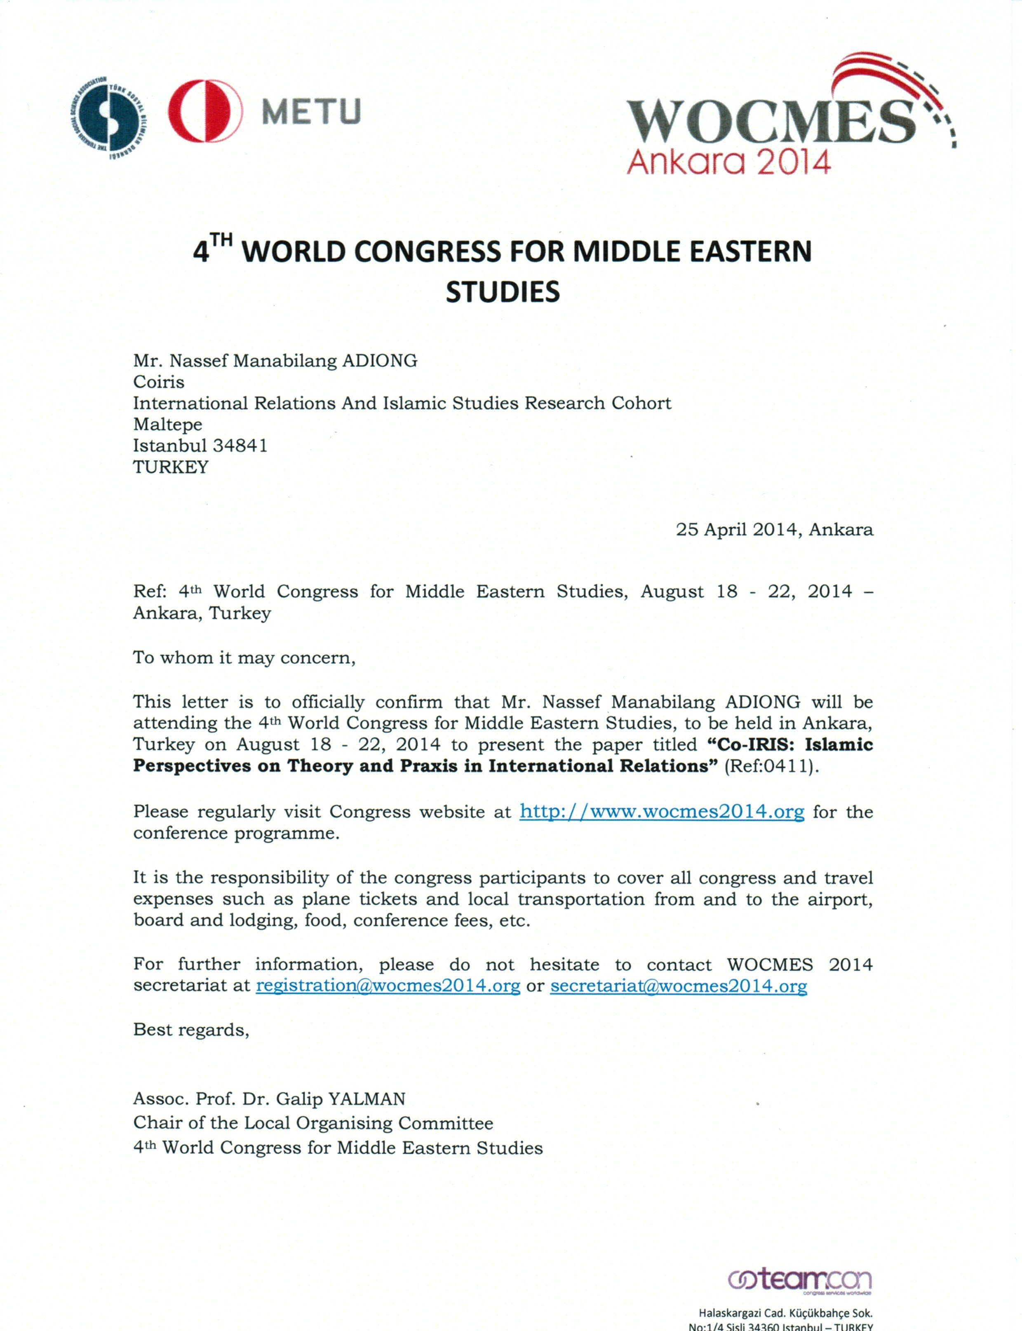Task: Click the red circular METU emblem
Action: pyautogui.click(x=205, y=111)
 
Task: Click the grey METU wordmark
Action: pyautogui.click(x=312, y=111)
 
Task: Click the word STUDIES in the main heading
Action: pyautogui.click(x=503, y=292)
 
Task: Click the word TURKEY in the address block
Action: pyautogui.click(x=171, y=467)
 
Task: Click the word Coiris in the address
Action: pyautogui.click(x=159, y=382)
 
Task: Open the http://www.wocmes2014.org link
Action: pyautogui.click(x=662, y=812)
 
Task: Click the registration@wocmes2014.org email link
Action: pyautogui.click(x=388, y=986)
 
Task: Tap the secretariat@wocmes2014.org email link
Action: pyautogui.click(x=678, y=986)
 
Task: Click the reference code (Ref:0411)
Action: pyautogui.click(x=771, y=766)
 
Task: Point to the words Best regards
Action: pyautogui.click(x=191, y=1030)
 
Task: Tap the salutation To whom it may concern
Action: pyautogui.click(x=244, y=658)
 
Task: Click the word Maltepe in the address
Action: pyautogui.click(x=168, y=425)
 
